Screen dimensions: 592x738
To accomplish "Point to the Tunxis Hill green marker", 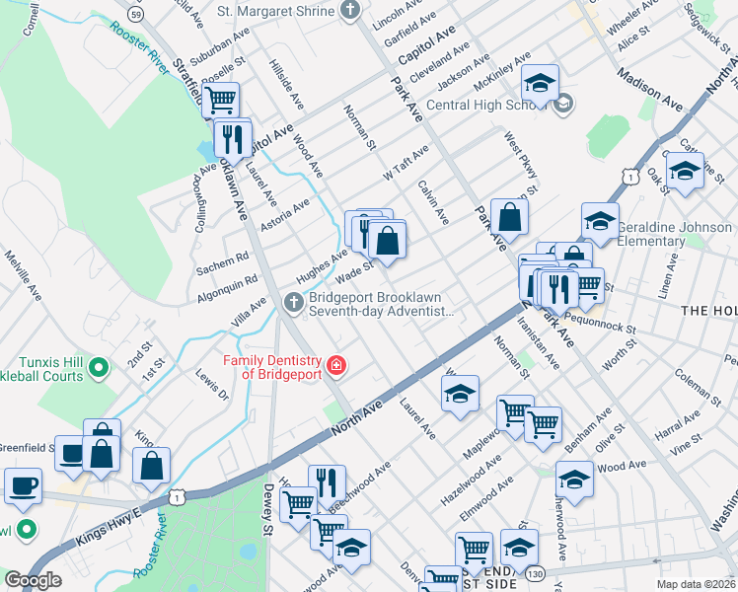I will [x=98, y=369].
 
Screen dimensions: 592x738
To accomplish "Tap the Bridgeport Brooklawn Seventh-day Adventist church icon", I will [x=293, y=304].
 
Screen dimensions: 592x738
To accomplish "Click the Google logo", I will [x=33, y=580].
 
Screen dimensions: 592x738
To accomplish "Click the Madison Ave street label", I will [x=651, y=89].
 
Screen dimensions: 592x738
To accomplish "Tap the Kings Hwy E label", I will [x=110, y=524].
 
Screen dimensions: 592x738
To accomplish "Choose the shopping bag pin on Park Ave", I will [x=509, y=217].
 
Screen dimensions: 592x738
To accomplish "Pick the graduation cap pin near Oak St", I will [x=684, y=172].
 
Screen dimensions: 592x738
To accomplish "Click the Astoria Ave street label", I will [x=284, y=216].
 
